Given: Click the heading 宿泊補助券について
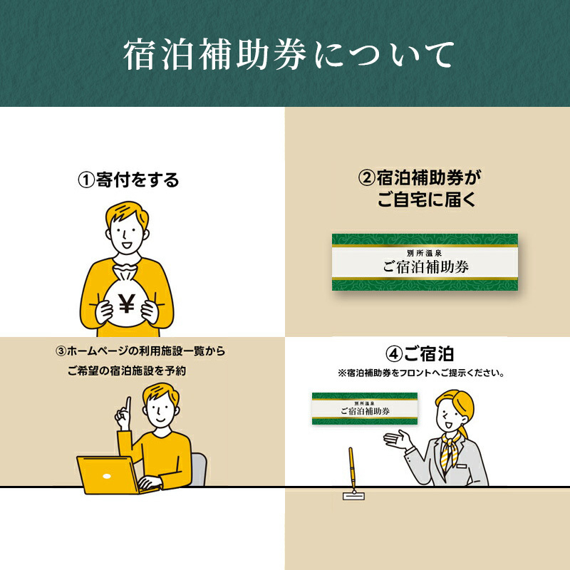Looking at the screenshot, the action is point(289,55).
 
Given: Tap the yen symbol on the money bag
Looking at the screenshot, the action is point(127,304).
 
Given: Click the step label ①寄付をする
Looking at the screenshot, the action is point(128,180).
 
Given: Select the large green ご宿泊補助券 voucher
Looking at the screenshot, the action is point(425,262).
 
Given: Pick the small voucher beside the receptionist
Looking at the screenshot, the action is point(365,408).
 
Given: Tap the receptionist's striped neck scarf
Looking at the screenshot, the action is point(451,451).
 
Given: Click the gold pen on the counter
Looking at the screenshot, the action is point(351,469).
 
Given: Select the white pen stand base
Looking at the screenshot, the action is point(353,496).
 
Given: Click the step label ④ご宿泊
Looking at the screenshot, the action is point(420,353).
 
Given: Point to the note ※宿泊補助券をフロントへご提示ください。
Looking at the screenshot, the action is point(421,373).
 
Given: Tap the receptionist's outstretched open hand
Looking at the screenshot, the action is point(398,440).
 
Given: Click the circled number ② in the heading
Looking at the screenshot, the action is point(366,178).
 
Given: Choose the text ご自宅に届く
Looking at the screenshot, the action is point(427,199).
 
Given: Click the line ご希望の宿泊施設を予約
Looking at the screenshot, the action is point(127,370).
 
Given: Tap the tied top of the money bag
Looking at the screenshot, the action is point(125,271).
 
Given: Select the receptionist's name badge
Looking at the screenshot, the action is point(461,466).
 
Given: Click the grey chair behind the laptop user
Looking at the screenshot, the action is point(199,469).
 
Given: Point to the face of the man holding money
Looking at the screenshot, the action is point(127,234).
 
